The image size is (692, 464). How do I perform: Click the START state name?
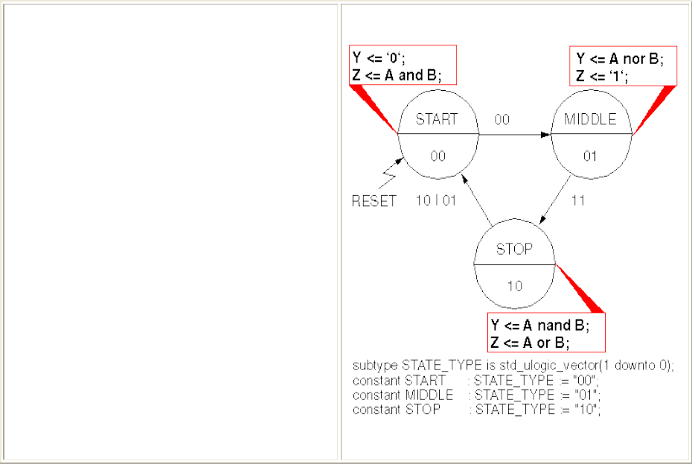coord(437,119)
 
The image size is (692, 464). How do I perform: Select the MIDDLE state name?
coord(590,119)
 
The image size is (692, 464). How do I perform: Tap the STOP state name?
coord(514,249)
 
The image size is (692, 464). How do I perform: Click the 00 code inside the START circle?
coord(437,156)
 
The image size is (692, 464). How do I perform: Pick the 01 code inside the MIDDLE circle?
coord(590,156)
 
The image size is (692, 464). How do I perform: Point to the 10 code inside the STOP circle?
coord(514,285)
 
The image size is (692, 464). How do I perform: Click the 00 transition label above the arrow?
coord(502,119)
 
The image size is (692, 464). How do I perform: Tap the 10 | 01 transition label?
coord(435,201)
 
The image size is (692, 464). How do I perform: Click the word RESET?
coord(374,201)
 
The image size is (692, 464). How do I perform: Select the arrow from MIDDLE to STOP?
coord(555,199)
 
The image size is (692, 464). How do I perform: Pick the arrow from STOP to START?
coord(476,200)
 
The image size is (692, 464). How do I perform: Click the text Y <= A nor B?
coord(620,60)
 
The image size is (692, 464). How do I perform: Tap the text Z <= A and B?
coord(394,74)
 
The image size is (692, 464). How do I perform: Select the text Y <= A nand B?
coord(539,325)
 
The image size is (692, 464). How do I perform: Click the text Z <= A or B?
coord(529,343)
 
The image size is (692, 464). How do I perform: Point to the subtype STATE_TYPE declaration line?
coord(513,366)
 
